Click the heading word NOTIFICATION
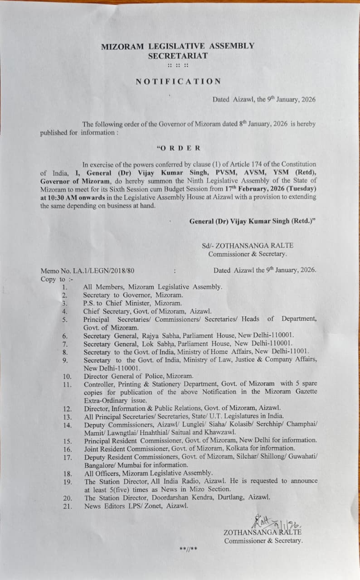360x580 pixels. [x=178, y=82]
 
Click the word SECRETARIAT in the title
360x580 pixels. [x=178, y=56]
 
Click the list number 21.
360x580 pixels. [x=67, y=506]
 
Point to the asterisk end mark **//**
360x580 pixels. [x=188, y=549]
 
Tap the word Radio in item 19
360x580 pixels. [x=188, y=481]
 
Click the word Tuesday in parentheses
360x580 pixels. [x=302, y=188]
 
